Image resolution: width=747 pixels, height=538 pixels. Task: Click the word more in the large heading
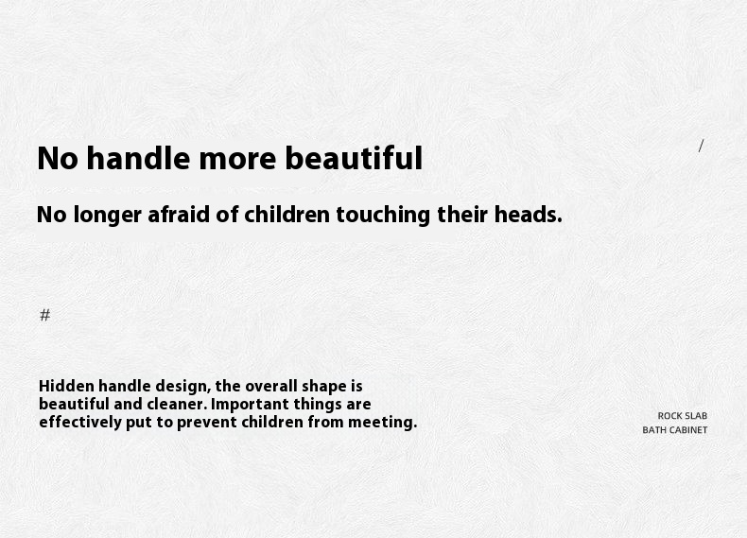(237, 159)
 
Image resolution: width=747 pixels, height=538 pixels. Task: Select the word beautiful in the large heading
(354, 158)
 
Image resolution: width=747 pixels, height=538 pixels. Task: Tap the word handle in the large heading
(138, 158)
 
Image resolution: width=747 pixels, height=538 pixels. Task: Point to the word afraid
(179, 214)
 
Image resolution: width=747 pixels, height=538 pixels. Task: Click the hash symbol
(44, 315)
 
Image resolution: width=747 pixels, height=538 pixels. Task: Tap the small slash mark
(701, 146)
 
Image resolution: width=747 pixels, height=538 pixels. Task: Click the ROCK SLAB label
(682, 416)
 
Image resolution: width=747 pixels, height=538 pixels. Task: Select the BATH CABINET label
(674, 430)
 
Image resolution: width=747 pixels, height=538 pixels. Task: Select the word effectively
(80, 424)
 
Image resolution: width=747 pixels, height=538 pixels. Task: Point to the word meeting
(382, 424)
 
